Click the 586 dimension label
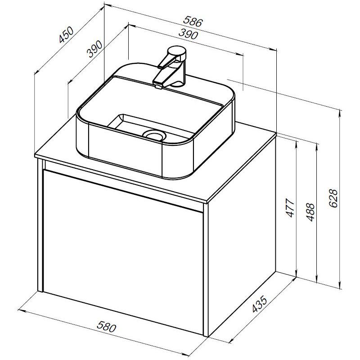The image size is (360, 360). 193,22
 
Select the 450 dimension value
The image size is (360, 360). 66,35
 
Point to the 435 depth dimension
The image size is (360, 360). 260,305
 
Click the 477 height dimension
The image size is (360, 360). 290,208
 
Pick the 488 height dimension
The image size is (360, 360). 310,212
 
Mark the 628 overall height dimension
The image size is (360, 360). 333,198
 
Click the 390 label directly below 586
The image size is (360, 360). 188,34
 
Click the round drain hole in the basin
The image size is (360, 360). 154,134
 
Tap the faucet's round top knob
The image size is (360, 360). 177,51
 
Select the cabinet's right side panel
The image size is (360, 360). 242,234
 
